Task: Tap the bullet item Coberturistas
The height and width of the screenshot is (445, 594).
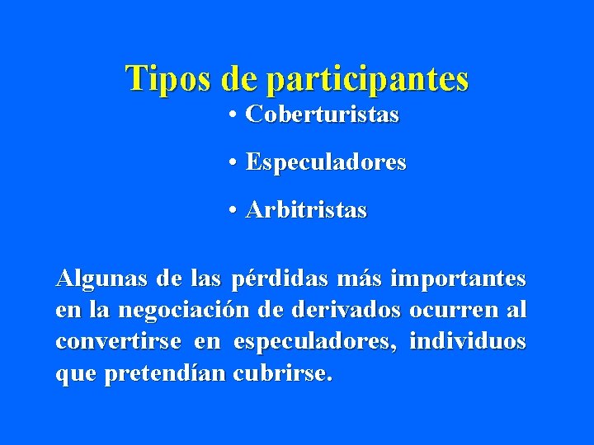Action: (x=323, y=115)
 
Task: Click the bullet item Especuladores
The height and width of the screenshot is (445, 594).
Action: (x=326, y=163)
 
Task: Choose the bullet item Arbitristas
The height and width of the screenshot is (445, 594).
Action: (x=307, y=211)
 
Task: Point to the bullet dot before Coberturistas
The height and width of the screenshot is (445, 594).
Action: (x=235, y=115)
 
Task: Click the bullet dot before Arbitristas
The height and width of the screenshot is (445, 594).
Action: (x=235, y=211)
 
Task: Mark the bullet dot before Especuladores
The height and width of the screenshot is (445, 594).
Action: (x=235, y=163)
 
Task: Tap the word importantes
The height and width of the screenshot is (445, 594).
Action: (x=458, y=279)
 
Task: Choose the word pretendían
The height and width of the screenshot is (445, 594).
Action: (x=165, y=373)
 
